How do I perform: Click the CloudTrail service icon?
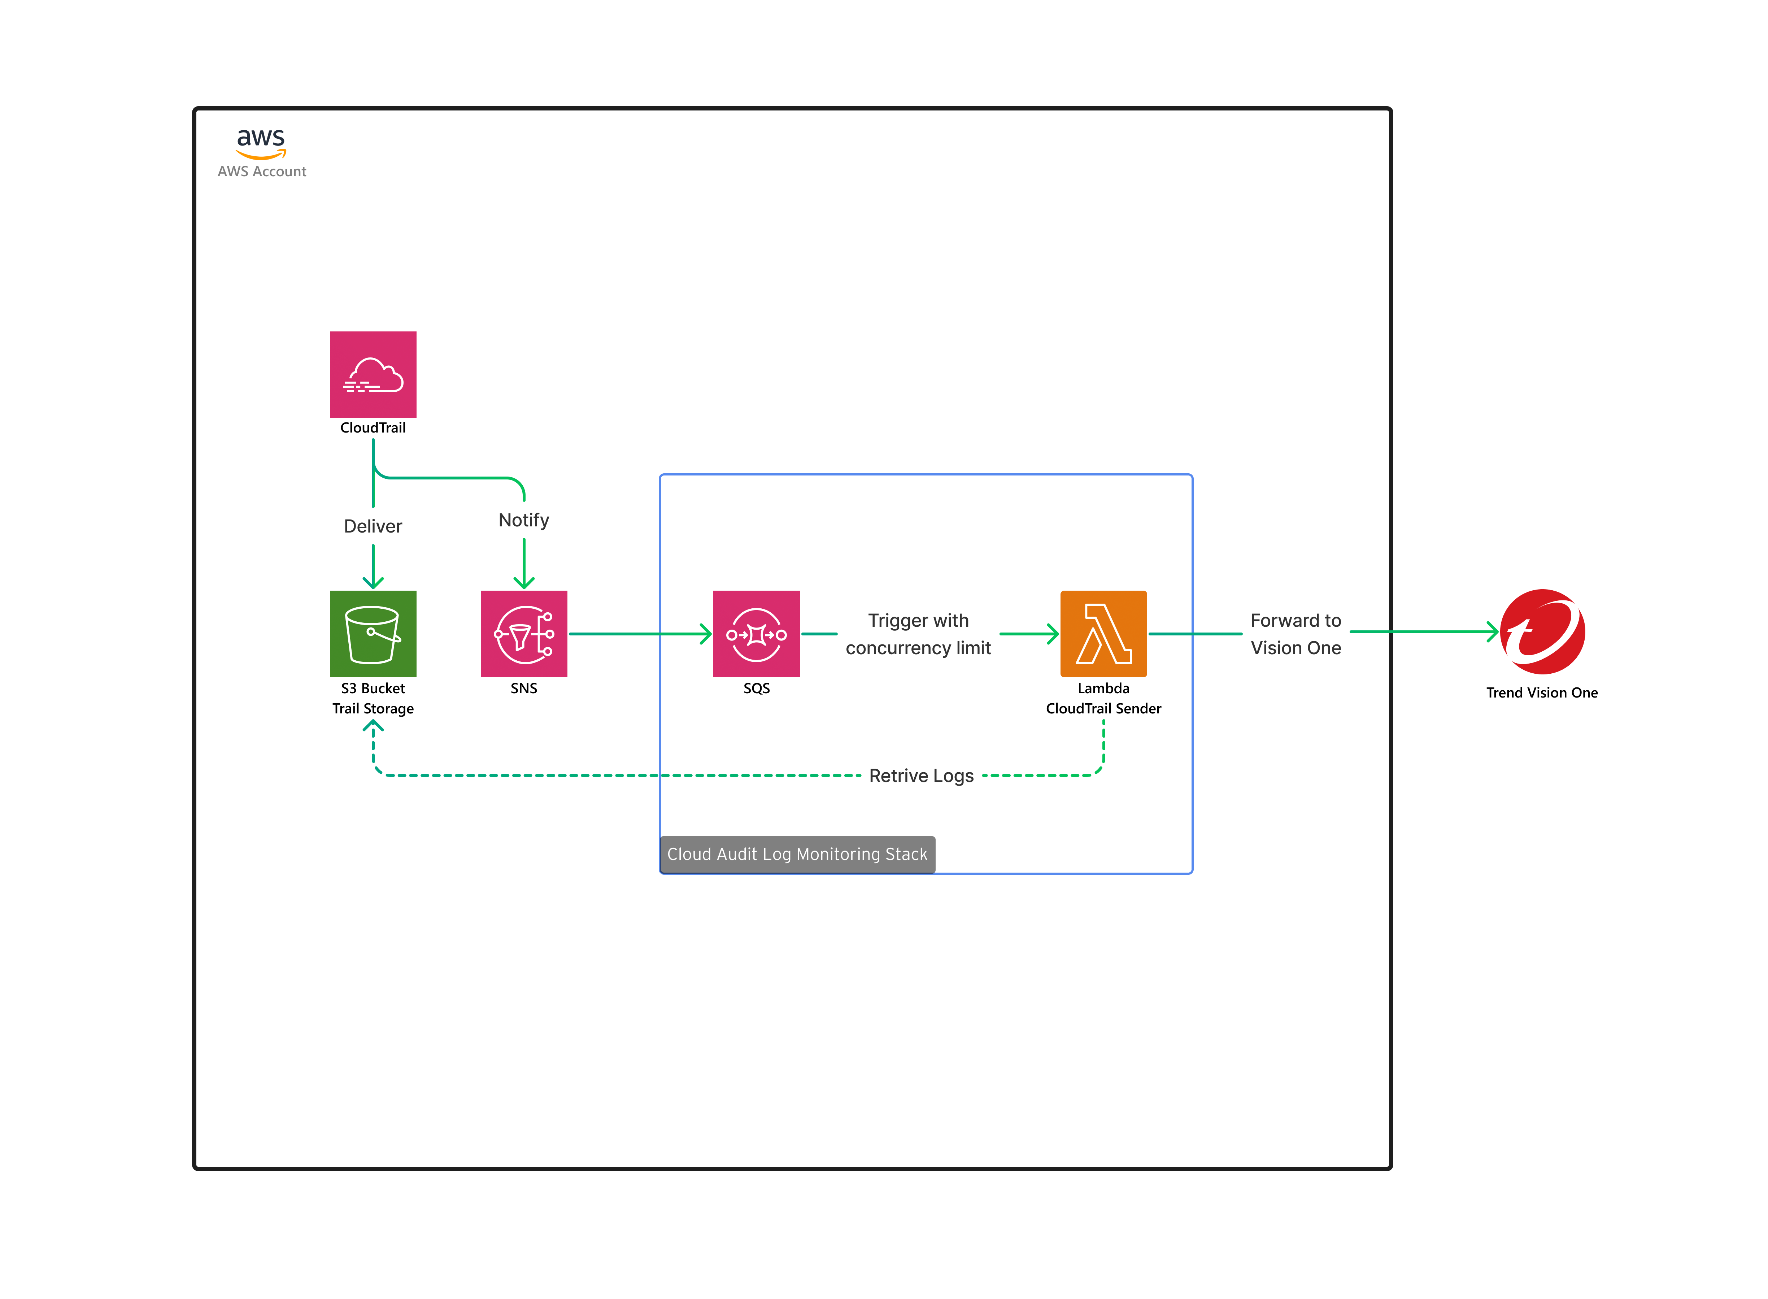point(373,374)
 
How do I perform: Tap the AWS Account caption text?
point(262,171)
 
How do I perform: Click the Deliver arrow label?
point(373,526)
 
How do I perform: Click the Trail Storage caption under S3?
point(373,708)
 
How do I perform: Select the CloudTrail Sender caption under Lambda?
point(1103,708)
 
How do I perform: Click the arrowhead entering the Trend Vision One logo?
point(1492,631)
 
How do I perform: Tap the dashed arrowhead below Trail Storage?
point(373,726)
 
